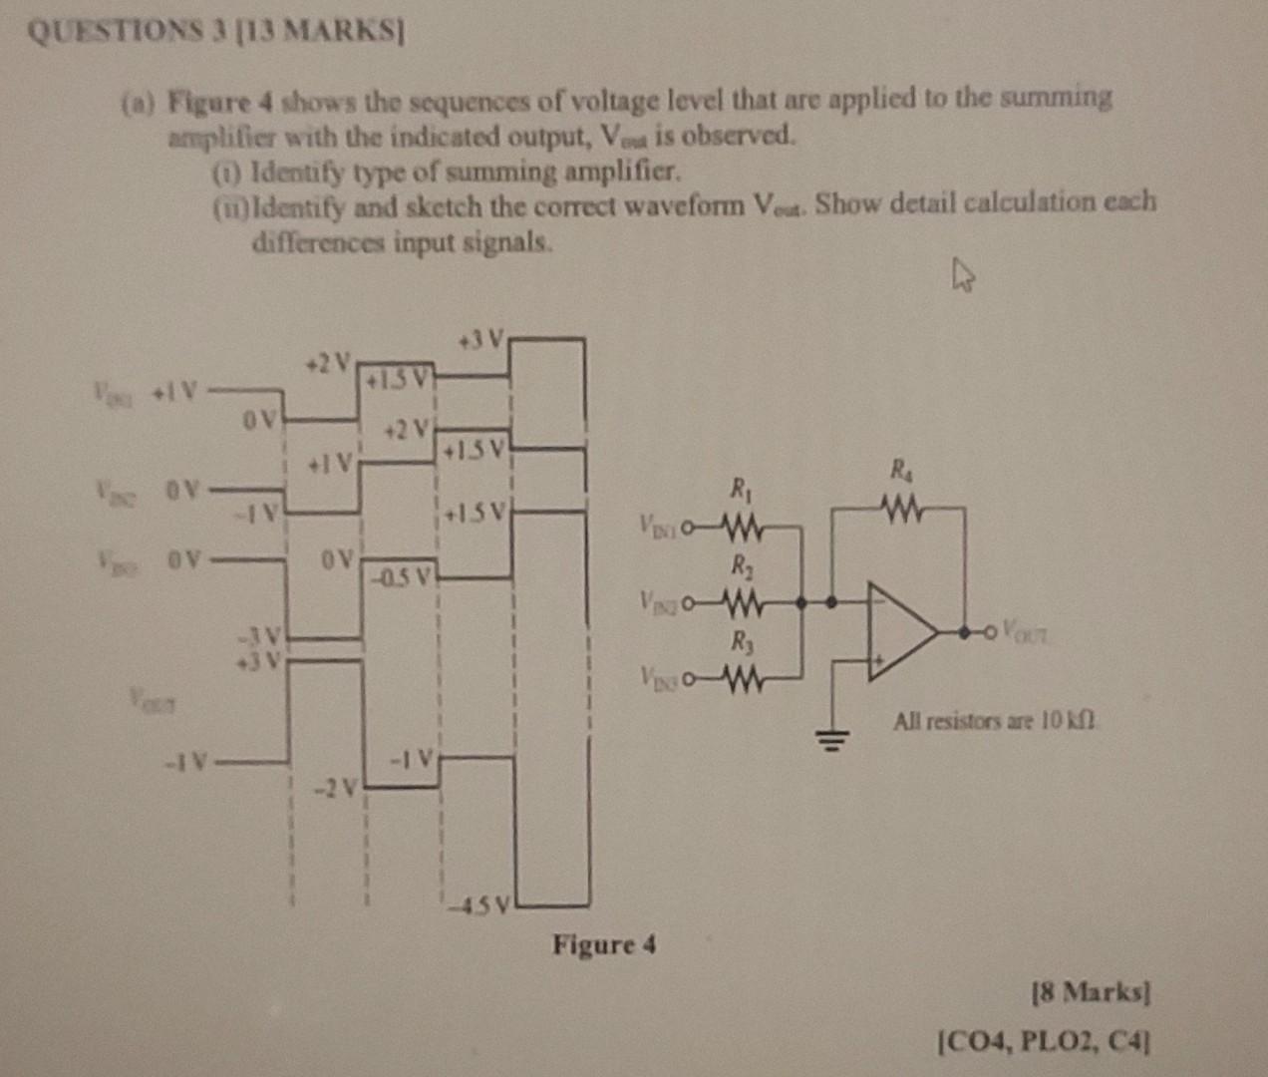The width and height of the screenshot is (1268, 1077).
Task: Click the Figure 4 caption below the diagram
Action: (604, 943)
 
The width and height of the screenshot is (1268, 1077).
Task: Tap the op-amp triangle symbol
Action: (898, 632)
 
